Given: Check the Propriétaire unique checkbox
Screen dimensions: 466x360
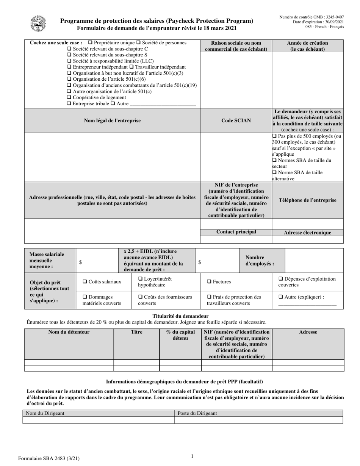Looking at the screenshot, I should coord(90,43).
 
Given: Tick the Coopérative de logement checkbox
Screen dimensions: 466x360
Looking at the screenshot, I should coord(69,97).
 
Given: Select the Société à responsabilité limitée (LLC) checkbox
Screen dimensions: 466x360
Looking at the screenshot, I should coord(69,61).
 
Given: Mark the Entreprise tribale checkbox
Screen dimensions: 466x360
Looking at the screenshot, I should coord(69,103).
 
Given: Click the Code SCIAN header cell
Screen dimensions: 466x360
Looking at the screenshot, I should coord(236,120).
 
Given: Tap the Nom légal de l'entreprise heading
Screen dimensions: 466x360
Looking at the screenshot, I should coord(112,120).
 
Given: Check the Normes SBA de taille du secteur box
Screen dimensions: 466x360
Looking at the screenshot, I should coord(274,160).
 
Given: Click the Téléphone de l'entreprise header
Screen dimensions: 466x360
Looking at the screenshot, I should coord(307,200).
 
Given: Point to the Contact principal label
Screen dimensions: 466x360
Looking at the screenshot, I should coord(236,232).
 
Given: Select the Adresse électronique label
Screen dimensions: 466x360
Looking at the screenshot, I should coord(307,233).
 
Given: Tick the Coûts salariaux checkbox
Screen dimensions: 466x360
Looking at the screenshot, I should coord(85,281).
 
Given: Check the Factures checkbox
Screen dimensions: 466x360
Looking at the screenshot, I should coord(209,281).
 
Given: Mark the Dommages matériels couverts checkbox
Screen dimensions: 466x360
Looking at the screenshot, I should coord(85,297).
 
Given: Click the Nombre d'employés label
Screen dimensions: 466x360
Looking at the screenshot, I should coord(260,260).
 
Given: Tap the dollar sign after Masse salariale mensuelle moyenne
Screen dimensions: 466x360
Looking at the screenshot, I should coord(80,262).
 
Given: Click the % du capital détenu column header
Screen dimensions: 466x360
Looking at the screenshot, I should coord(180,335).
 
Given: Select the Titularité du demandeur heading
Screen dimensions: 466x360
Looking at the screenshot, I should coord(180,316).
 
